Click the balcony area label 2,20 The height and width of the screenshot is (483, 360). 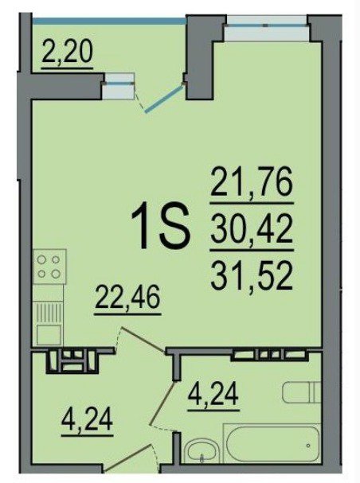[67, 53]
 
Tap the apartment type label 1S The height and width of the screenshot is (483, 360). [159, 227]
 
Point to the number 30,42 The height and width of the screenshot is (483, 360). [252, 229]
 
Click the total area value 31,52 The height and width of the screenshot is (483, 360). [252, 275]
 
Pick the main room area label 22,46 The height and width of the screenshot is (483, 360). [127, 298]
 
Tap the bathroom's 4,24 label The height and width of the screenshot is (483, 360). [214, 395]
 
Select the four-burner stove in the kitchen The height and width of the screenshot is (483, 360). [49, 267]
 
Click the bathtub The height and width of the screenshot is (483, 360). [272, 443]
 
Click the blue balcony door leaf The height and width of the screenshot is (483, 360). [164, 99]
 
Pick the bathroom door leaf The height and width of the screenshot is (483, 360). [162, 403]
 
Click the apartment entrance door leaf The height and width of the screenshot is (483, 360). [130, 462]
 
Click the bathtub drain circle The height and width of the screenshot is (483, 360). [308, 446]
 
